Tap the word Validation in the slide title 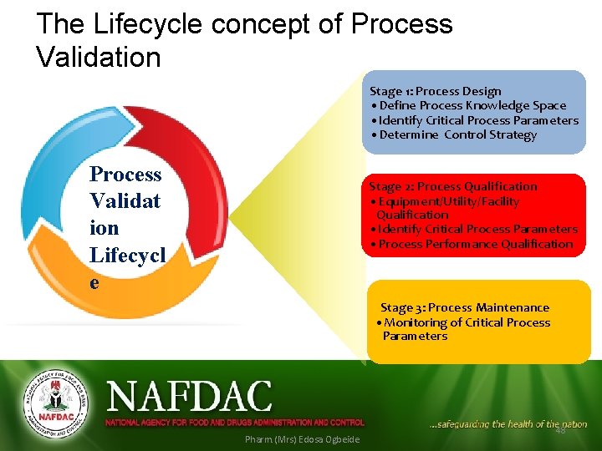99,58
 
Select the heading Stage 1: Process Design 436,91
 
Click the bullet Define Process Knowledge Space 472,106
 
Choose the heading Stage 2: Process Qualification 453,186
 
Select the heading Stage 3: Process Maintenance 465,307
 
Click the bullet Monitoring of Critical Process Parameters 465,329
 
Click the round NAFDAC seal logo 54,403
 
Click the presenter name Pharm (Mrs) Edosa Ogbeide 302,439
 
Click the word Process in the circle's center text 125,175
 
